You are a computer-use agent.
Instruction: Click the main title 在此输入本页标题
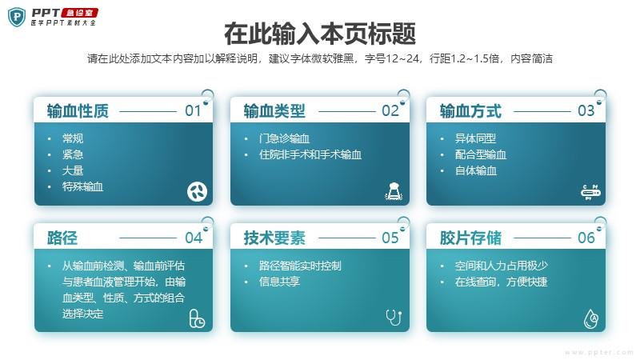(x=320, y=34)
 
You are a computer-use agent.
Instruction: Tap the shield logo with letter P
(x=17, y=17)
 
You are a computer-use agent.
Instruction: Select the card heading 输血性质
(x=78, y=111)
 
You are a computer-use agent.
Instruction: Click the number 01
(x=193, y=110)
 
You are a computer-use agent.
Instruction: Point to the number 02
(x=390, y=110)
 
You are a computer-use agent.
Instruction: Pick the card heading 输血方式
(x=470, y=111)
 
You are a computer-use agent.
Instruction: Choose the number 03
(x=586, y=110)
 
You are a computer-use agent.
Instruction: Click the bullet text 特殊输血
(x=82, y=187)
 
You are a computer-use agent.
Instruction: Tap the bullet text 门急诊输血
(x=284, y=138)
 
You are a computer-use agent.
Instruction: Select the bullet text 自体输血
(x=475, y=170)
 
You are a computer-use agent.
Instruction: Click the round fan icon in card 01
(x=197, y=191)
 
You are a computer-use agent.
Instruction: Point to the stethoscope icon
(x=394, y=317)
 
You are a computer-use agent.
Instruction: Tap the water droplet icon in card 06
(x=591, y=318)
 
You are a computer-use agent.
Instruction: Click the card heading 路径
(x=62, y=238)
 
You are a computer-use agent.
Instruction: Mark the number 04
(x=193, y=238)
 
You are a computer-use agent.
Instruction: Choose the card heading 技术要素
(x=274, y=238)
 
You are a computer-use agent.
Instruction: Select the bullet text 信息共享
(x=279, y=282)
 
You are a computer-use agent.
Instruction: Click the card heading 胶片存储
(x=470, y=238)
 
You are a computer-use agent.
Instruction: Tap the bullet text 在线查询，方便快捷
(x=502, y=282)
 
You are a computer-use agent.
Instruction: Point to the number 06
(x=586, y=238)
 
